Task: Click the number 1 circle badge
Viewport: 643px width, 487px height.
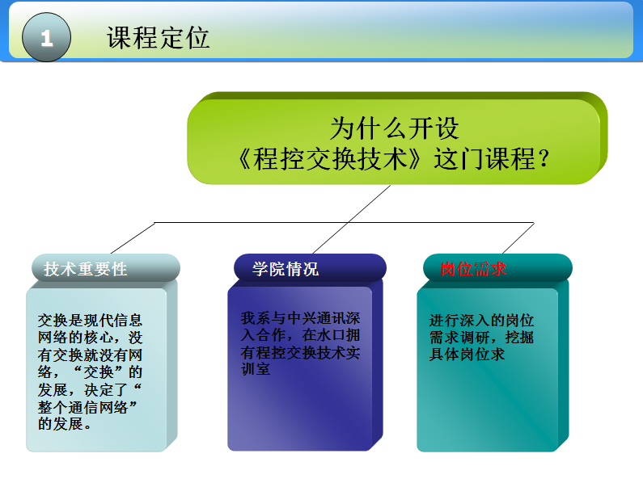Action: (x=46, y=38)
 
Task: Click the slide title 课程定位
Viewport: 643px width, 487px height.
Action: (x=158, y=38)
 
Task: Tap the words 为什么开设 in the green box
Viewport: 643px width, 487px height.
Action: (x=394, y=128)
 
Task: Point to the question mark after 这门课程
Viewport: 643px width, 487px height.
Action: (x=544, y=158)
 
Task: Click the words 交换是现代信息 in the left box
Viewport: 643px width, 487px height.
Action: (x=90, y=319)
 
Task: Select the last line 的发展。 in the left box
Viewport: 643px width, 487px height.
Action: (x=65, y=424)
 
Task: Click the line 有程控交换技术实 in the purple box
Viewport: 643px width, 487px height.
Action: (x=300, y=352)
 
